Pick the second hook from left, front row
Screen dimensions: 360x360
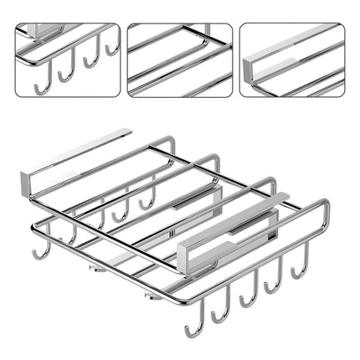220,313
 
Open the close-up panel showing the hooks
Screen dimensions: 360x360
67,59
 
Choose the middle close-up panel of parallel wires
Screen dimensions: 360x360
179,59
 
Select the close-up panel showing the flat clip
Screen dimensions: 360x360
292,59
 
